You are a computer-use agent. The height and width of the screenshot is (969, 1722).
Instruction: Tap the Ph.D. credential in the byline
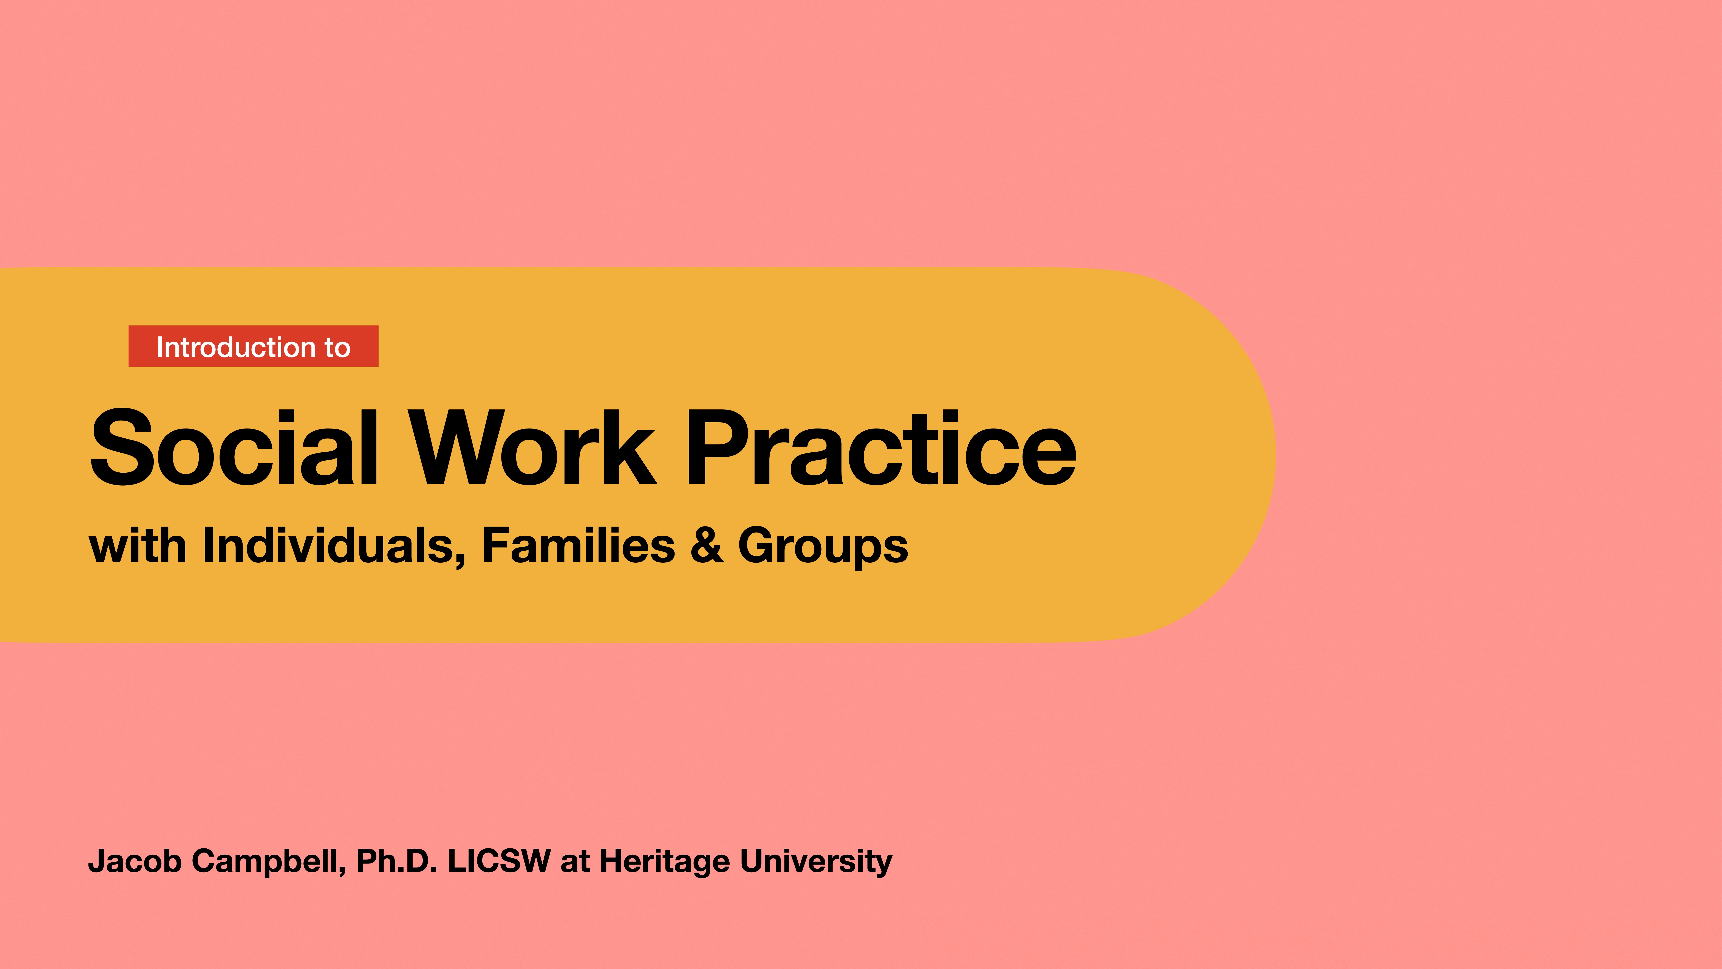(x=396, y=861)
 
